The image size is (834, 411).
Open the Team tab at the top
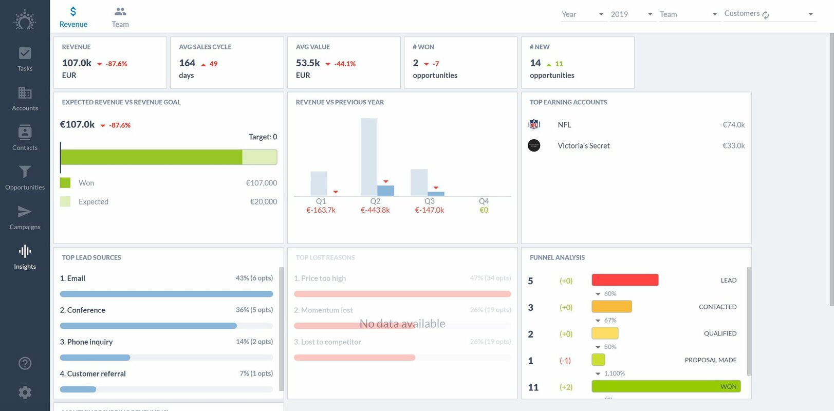pyautogui.click(x=120, y=17)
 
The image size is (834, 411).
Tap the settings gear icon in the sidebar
pyautogui.click(x=25, y=393)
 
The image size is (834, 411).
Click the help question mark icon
pyautogui.click(x=25, y=363)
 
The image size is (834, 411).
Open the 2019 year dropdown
pyautogui.click(x=632, y=14)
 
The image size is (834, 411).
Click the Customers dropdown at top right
pyautogui.click(x=769, y=14)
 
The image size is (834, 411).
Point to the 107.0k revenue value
pyautogui.click(x=77, y=63)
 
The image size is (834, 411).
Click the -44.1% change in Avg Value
pyautogui.click(x=344, y=64)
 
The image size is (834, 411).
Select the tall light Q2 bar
pyautogui.click(x=368, y=154)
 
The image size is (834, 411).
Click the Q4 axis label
pyautogui.click(x=484, y=201)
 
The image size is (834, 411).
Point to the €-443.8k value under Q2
pyautogui.click(x=375, y=210)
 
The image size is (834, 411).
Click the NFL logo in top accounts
pyautogui.click(x=534, y=124)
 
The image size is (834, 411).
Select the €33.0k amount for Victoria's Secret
pyautogui.click(x=733, y=145)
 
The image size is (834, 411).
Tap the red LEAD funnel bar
pyautogui.click(x=625, y=280)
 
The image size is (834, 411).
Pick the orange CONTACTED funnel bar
pyautogui.click(x=611, y=307)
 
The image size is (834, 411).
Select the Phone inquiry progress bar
pyautogui.click(x=95, y=358)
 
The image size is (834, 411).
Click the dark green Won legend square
pyautogui.click(x=65, y=183)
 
